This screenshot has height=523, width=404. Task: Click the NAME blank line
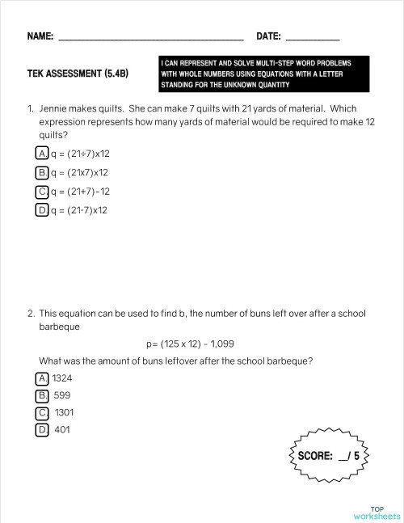[151, 37]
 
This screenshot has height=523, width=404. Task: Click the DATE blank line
[313, 37]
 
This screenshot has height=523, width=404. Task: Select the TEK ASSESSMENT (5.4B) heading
[78, 73]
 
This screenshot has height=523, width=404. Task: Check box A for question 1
[42, 153]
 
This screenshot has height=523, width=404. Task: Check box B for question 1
[42, 172]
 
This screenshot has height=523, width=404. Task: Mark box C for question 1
[42, 192]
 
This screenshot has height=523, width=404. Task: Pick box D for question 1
[42, 210]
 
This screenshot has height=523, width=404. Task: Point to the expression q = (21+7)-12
[80, 192]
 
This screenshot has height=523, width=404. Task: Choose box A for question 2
[42, 378]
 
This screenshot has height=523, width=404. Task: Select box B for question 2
[42, 395]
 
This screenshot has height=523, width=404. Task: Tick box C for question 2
[42, 412]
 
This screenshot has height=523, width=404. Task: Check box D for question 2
[42, 430]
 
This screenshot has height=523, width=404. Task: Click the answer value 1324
[62, 378]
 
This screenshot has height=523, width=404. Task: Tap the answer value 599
[63, 395]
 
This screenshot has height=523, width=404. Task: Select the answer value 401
[61, 430]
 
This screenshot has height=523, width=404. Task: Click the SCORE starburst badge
[329, 456]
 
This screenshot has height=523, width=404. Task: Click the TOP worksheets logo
[376, 512]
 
